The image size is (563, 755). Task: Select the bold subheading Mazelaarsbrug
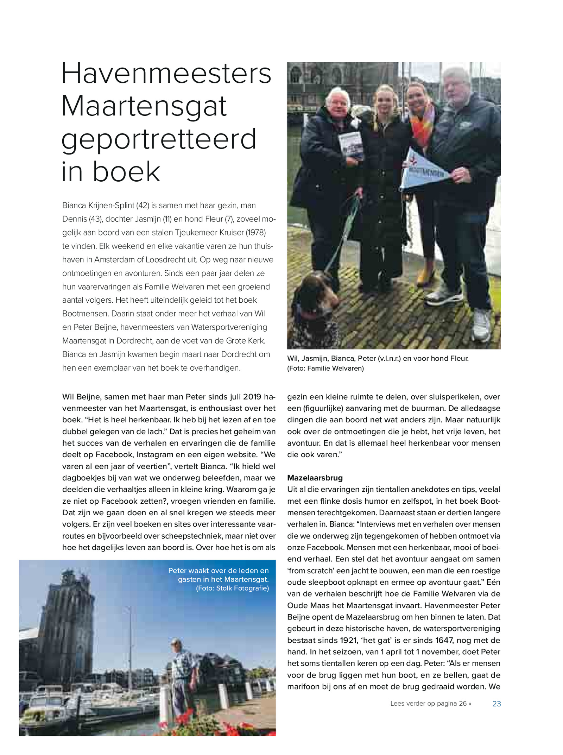pos(315,478)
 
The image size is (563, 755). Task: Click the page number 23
pos(496,704)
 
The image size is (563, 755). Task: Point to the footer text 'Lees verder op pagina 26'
pos(430,704)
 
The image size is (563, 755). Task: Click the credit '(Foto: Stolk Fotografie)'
pos(232,588)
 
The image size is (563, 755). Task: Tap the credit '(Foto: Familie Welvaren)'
pos(325,368)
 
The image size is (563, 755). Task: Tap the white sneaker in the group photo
pos(481,324)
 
